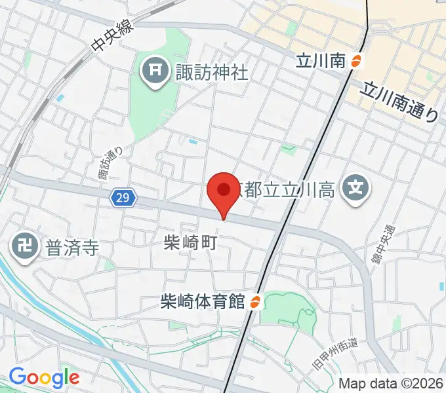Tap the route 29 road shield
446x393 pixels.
click(x=120, y=197)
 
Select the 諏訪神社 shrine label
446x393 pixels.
click(x=211, y=71)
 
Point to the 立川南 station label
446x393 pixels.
click(x=320, y=62)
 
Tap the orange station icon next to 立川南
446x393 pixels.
click(x=357, y=62)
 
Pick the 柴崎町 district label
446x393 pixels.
click(x=190, y=242)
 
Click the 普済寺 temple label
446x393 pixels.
click(x=71, y=248)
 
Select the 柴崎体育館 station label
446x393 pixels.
click(x=203, y=302)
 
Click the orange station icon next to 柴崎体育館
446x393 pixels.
click(x=256, y=302)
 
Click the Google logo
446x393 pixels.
click(x=44, y=377)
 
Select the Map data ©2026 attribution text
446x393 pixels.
click(x=391, y=384)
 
